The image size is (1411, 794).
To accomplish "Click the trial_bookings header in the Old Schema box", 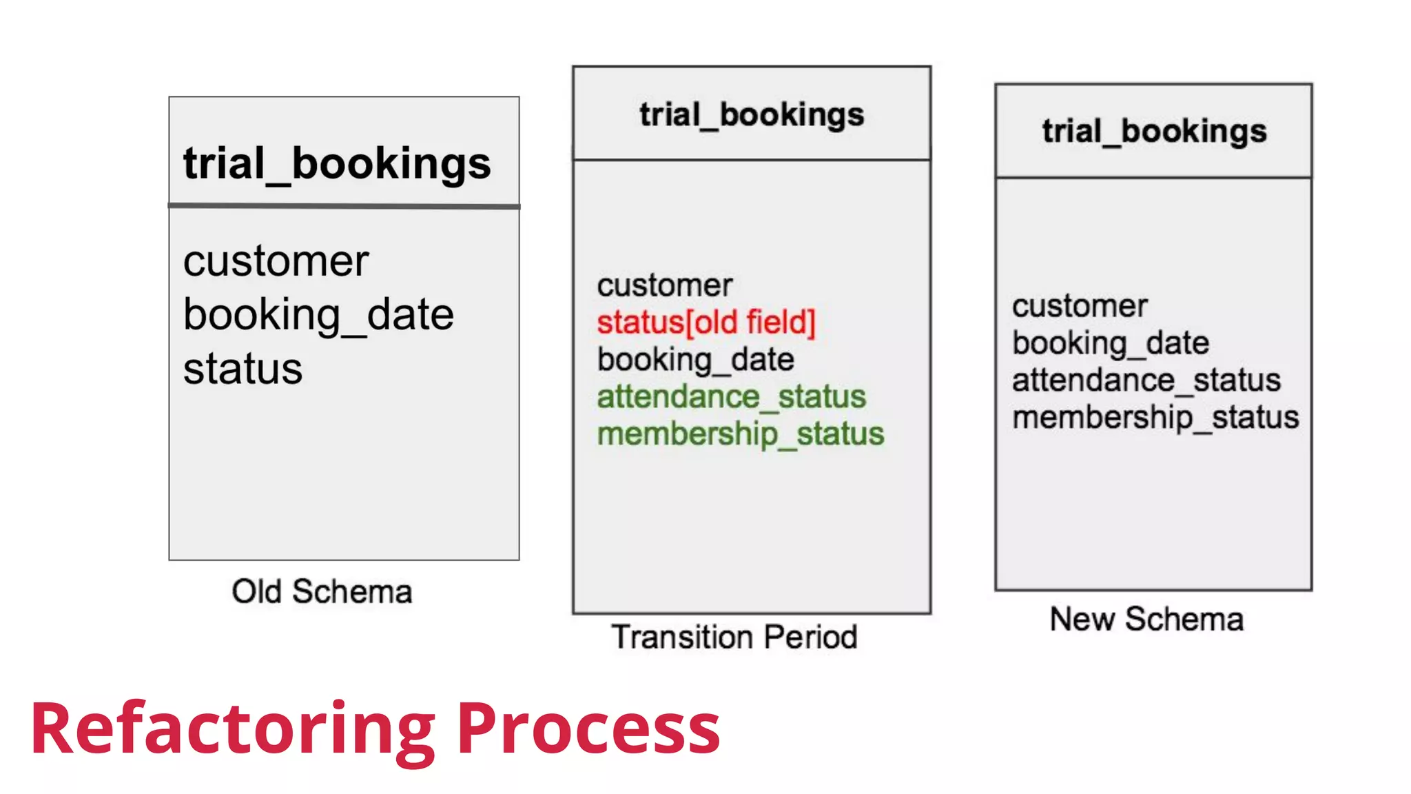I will [x=337, y=164].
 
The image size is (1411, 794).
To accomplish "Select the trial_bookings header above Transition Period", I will [x=752, y=114].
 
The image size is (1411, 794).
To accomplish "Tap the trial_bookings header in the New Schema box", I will [x=1154, y=131].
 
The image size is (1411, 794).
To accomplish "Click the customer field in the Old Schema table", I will [x=276, y=261].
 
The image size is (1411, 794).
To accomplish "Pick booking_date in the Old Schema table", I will [x=318, y=315].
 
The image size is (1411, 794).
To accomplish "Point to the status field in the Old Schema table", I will [x=243, y=369].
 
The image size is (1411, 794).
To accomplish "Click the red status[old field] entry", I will [x=706, y=323].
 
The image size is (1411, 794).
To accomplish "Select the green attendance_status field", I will [x=731, y=397].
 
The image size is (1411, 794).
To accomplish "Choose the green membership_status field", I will [x=741, y=434].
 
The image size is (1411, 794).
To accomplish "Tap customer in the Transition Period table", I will [x=665, y=285].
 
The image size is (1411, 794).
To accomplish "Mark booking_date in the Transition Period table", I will [x=696, y=360].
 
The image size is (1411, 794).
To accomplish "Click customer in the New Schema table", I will [x=1080, y=306].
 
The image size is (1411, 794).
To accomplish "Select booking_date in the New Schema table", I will [x=1111, y=343].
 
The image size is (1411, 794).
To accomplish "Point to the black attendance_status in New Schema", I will [x=1146, y=380].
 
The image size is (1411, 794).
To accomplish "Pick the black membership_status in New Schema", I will [x=1155, y=418].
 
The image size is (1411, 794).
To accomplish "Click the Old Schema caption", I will [x=322, y=592].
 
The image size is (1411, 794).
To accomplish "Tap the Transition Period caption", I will [x=734, y=637].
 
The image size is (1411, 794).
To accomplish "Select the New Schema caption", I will [x=1146, y=619].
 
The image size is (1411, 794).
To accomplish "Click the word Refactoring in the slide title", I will [x=232, y=729].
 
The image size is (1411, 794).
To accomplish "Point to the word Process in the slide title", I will [x=588, y=729].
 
